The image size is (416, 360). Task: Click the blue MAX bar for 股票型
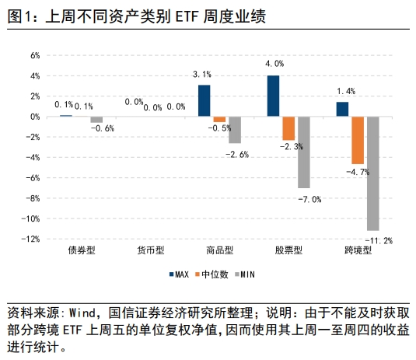(x=273, y=96)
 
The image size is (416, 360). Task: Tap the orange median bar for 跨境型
(x=358, y=140)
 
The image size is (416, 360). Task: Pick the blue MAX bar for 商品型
(x=204, y=100)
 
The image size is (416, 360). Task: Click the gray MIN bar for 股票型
(x=303, y=152)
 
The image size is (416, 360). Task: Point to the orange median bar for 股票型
(x=288, y=128)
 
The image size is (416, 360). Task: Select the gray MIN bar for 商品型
(x=234, y=130)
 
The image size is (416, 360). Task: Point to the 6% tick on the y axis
(x=34, y=55)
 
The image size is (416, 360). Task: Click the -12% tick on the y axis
(x=31, y=239)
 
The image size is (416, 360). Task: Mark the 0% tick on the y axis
(x=34, y=117)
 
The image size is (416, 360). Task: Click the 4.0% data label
(x=274, y=64)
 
